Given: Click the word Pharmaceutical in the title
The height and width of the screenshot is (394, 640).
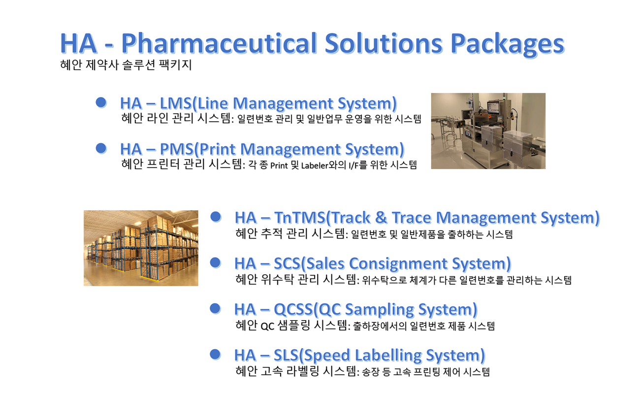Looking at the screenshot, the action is [219, 44].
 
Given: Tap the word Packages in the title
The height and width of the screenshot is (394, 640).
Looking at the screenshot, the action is [508, 44].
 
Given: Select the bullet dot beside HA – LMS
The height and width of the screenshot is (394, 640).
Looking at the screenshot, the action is [101, 102].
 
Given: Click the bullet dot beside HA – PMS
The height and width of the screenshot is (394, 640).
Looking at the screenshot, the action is [101, 148].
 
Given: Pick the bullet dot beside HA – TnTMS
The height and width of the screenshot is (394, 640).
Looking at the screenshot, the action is [216, 217].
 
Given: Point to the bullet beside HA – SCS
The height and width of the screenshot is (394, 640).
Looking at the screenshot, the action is [216, 263].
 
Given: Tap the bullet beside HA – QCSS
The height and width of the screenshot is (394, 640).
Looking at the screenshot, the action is [215, 308].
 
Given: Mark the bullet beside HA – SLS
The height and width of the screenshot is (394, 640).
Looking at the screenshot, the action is [215, 354].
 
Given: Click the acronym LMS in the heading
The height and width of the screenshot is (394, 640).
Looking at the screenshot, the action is [175, 103].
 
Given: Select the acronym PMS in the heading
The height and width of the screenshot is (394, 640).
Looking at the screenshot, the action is [177, 149].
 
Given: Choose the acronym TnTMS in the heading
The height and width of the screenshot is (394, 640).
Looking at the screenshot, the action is [300, 218].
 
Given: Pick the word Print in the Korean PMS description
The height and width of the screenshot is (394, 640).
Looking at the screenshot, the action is [279, 165].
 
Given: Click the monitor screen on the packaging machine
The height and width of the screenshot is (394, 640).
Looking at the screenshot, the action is [494, 108].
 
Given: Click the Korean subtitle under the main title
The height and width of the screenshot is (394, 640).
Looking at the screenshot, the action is [126, 65].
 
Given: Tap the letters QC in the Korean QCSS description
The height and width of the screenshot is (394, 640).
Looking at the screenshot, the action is [267, 326].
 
